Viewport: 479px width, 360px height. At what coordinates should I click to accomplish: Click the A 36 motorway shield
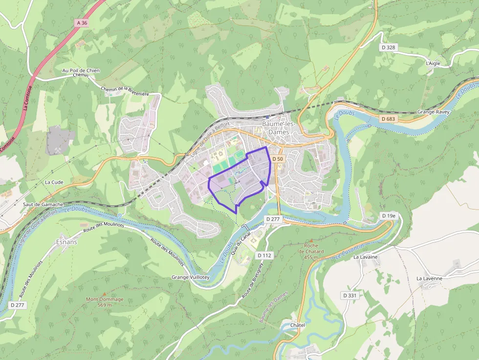[x=82, y=23]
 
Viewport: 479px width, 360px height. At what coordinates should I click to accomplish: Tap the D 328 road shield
[x=388, y=47]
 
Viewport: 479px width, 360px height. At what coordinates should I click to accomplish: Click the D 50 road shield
[x=278, y=159]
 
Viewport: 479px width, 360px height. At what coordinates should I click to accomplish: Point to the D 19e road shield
[x=388, y=215]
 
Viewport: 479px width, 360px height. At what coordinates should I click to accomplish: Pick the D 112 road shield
[x=264, y=255]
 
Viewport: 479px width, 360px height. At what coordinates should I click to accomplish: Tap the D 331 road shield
[x=349, y=296]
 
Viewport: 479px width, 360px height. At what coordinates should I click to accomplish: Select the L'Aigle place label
[x=433, y=64]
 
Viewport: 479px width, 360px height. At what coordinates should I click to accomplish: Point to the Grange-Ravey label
[x=433, y=112]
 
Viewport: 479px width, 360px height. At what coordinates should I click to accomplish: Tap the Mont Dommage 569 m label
[x=105, y=302]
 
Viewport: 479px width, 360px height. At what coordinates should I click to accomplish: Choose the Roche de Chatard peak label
[x=311, y=251]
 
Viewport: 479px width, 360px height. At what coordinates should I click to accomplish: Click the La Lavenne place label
[x=429, y=278]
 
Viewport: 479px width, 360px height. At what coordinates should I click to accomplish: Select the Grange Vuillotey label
[x=191, y=277]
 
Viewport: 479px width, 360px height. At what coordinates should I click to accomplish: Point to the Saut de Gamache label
[x=43, y=204]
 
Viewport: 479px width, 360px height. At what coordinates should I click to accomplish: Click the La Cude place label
[x=54, y=182]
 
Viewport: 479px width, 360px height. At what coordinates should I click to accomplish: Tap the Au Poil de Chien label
[x=81, y=70]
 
